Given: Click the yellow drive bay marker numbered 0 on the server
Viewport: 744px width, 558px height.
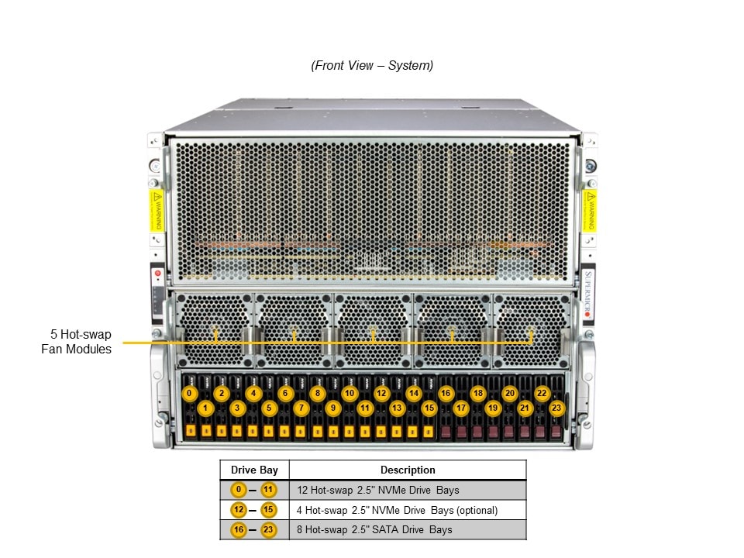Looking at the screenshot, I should pyautogui.click(x=190, y=393).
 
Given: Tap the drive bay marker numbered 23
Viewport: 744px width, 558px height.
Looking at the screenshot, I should pyautogui.click(x=556, y=407).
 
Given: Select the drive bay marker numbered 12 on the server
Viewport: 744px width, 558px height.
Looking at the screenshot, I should pyautogui.click(x=381, y=393).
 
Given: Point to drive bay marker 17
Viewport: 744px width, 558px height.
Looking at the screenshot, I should pyautogui.click(x=461, y=407).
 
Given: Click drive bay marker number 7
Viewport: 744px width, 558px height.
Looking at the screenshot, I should pyautogui.click(x=301, y=407).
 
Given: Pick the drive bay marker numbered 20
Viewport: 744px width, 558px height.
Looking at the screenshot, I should pyautogui.click(x=509, y=393).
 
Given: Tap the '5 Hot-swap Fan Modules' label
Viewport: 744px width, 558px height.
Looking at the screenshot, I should pyautogui.click(x=76, y=342).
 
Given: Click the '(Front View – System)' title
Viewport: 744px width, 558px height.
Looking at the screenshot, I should pyautogui.click(x=372, y=66).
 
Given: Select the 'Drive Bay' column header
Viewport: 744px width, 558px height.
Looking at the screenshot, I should pyautogui.click(x=254, y=470).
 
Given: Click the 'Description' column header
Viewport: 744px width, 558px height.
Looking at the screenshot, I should pyautogui.click(x=408, y=470).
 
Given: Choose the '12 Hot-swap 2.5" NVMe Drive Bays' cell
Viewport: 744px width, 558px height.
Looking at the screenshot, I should pyautogui.click(x=378, y=490).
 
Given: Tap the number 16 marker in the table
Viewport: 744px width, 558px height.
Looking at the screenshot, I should pyautogui.click(x=239, y=529).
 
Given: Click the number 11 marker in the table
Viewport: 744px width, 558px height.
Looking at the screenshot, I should pyautogui.click(x=268, y=490).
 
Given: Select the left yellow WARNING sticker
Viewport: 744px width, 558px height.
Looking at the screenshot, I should pyautogui.click(x=157, y=210).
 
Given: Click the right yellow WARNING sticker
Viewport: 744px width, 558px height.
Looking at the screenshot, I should pyautogui.click(x=590, y=210).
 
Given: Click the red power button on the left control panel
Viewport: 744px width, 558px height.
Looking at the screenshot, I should pyautogui.click(x=158, y=274).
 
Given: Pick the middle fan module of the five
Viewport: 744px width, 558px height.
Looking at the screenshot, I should pyautogui.click(x=373, y=329).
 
